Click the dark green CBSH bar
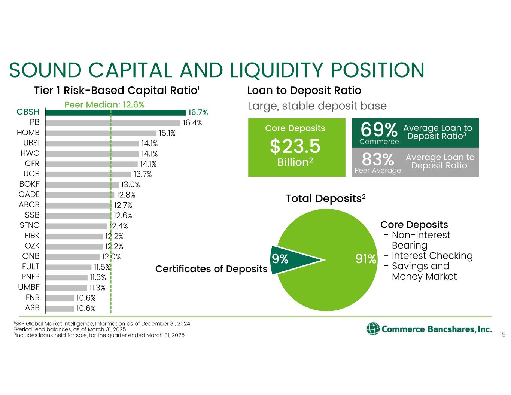(x=115, y=113)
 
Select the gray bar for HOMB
(x=101, y=133)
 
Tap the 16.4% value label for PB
(x=192, y=123)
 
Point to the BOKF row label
(x=29, y=184)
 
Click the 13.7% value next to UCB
(x=143, y=174)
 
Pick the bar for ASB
(x=60, y=308)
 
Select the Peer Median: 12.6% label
(x=104, y=104)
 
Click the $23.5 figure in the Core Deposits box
(x=295, y=146)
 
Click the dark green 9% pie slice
(x=292, y=260)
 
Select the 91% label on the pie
(x=366, y=259)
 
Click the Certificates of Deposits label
(x=211, y=269)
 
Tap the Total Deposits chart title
(x=325, y=199)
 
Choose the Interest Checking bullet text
(x=432, y=256)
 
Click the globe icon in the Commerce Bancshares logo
(x=373, y=329)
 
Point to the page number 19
(x=503, y=335)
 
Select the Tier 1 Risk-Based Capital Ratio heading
(x=117, y=91)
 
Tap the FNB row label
(x=33, y=297)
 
